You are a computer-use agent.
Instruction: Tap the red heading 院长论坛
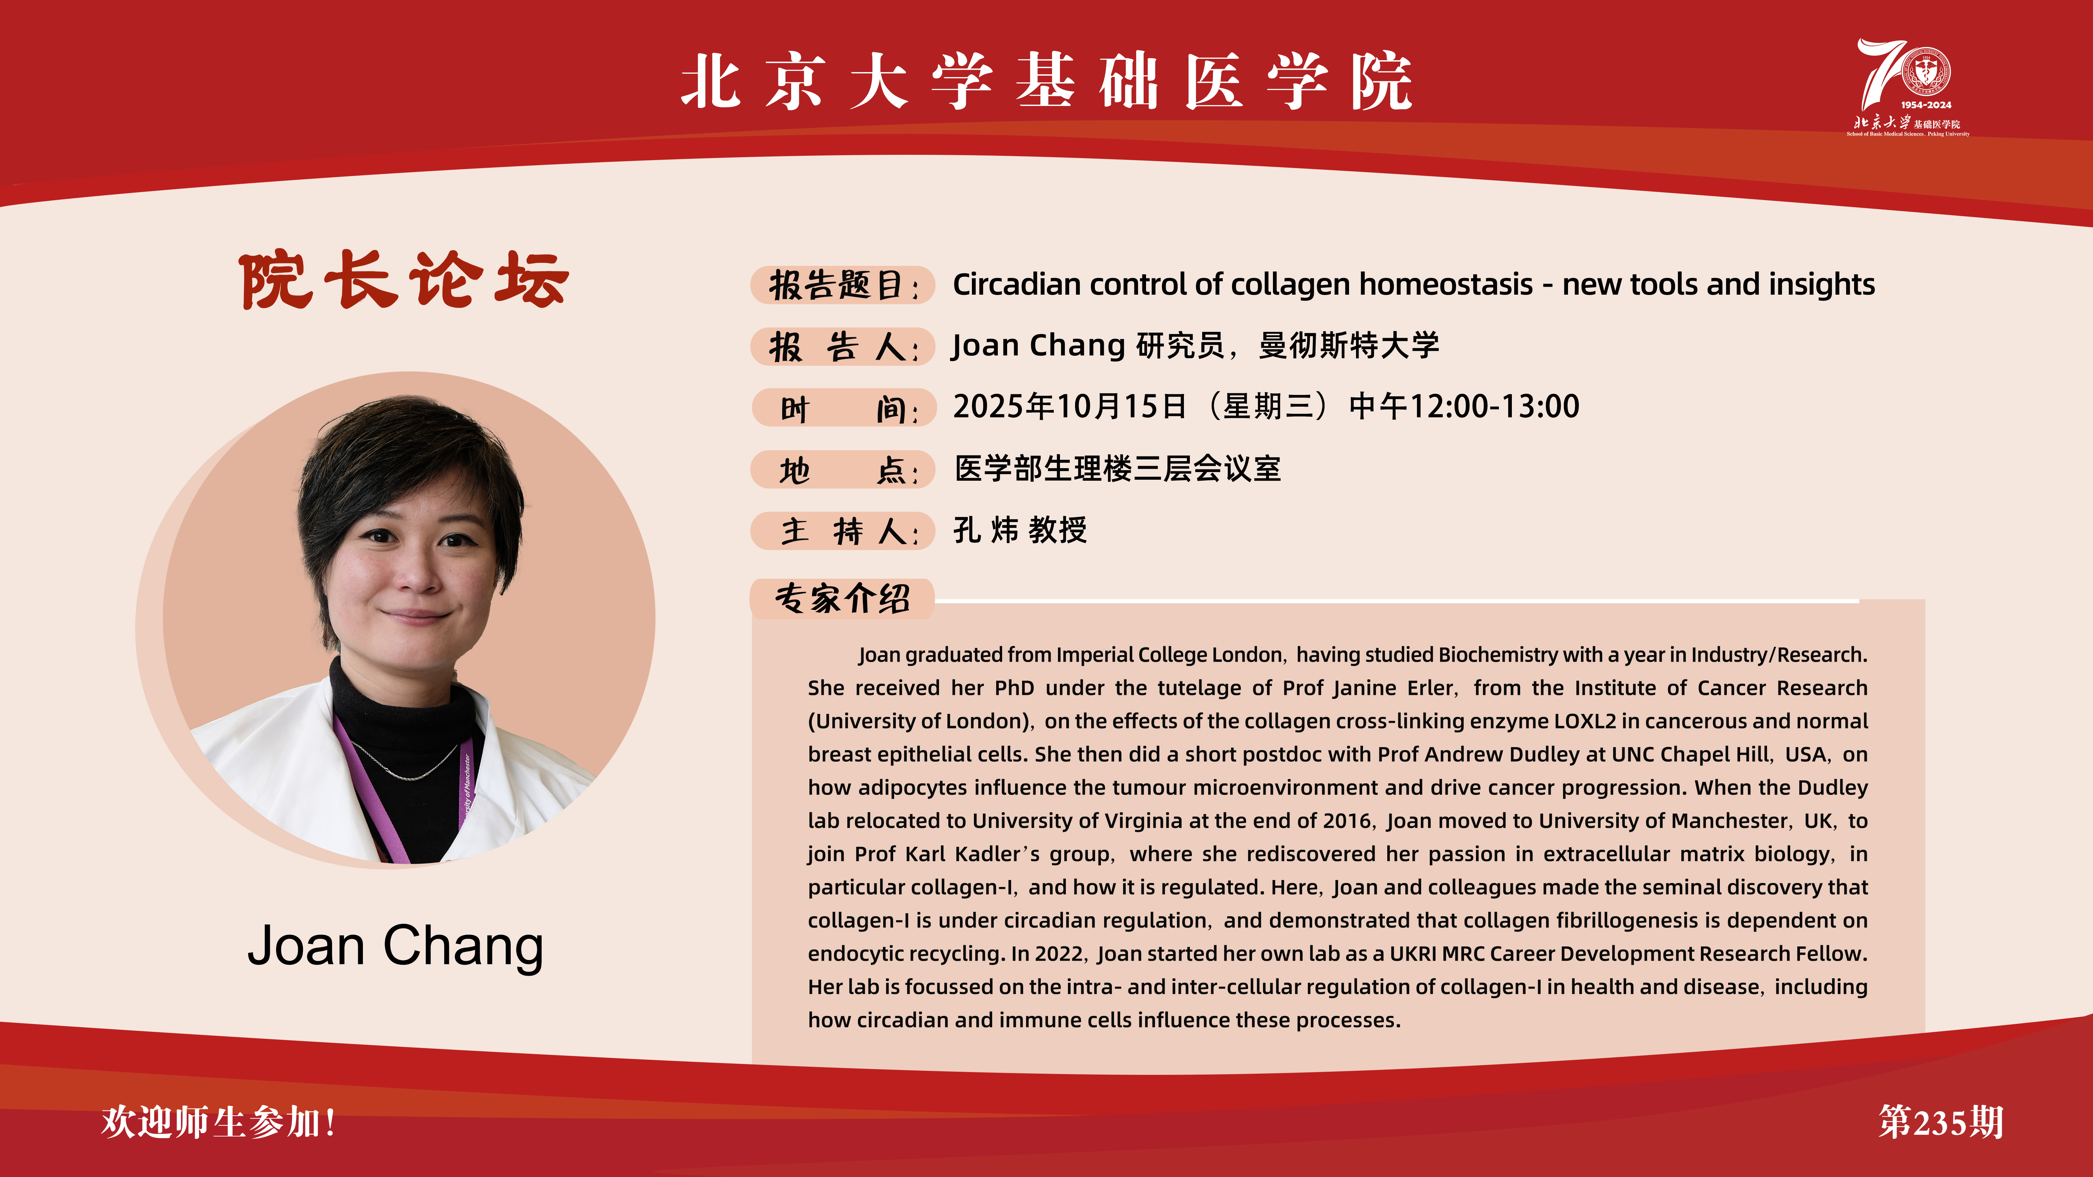click(x=404, y=280)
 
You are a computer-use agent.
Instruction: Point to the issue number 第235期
click(x=1940, y=1122)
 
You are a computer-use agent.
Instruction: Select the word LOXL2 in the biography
click(x=1584, y=721)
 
